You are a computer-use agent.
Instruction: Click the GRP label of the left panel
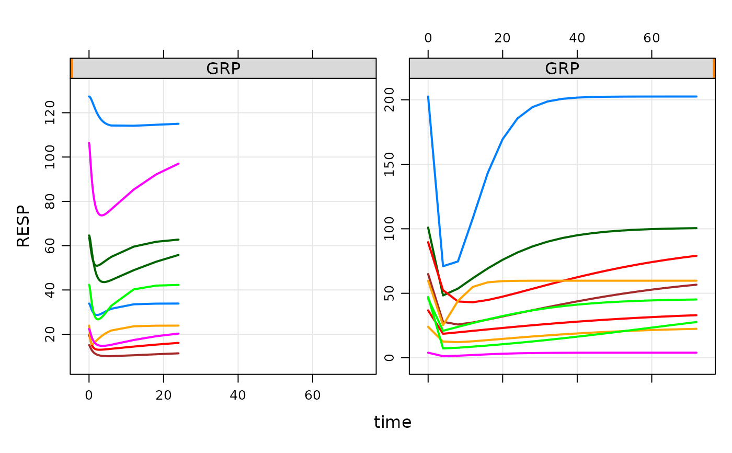point(223,69)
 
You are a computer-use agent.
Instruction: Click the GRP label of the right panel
point(562,69)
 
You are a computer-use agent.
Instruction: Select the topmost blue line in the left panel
point(136,126)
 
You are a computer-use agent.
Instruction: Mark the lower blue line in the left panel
point(146,304)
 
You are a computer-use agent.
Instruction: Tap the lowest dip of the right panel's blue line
point(443,266)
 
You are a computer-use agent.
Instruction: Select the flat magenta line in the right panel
point(575,353)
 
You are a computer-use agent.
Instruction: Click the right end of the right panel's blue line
point(696,97)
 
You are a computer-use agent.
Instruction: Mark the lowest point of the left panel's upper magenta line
point(102,216)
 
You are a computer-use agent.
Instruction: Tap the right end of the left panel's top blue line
point(179,124)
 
